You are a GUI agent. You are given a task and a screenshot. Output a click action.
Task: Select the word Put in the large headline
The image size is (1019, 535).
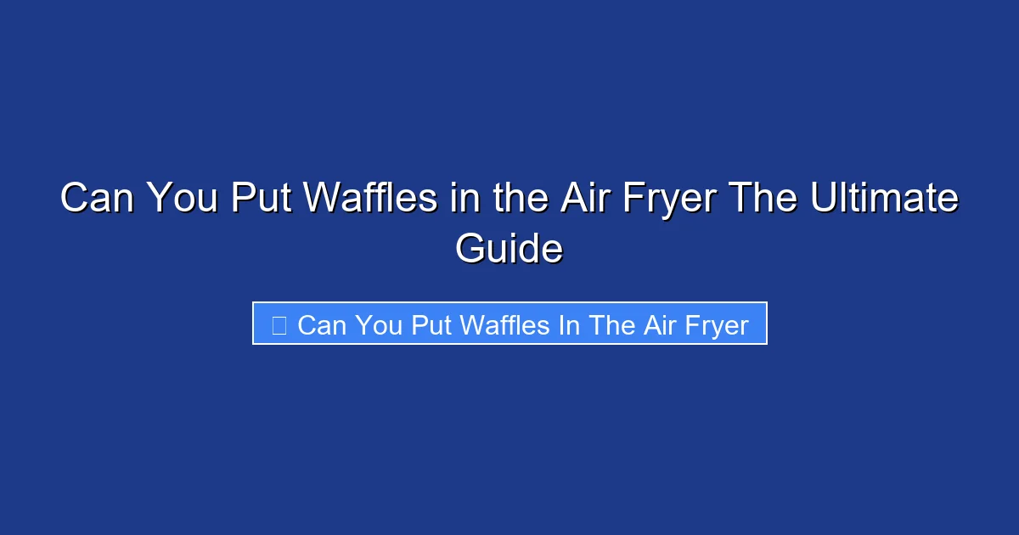pos(262,200)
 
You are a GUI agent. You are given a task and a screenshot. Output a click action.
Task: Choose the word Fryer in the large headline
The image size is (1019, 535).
pos(668,200)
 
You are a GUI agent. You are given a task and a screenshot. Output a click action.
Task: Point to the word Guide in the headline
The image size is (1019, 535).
pos(509,250)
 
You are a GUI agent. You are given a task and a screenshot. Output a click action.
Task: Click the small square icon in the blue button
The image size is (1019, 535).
pos(279,324)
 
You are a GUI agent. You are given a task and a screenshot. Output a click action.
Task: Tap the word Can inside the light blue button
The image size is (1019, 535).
pos(322,324)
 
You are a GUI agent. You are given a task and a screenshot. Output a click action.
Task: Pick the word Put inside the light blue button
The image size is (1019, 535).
pos(431,324)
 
